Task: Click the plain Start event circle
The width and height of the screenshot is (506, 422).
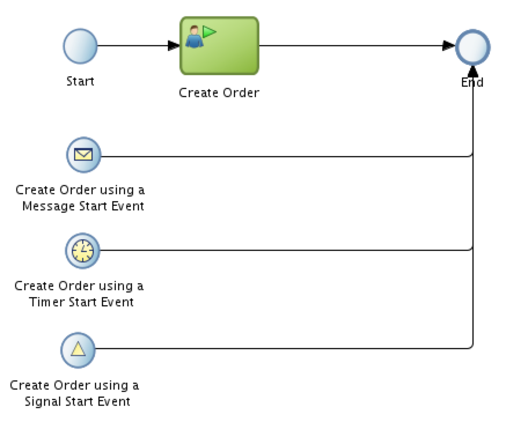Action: coord(80,46)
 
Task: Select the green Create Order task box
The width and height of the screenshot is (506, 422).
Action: coord(219,46)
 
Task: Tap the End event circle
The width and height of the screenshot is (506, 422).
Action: coord(473,46)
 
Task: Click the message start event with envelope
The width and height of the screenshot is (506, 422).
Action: coord(84,156)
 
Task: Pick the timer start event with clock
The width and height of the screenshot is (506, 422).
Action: coord(82,250)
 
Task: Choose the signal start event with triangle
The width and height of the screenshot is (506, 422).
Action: coord(78,349)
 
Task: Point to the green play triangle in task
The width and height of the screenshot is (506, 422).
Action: coord(208,32)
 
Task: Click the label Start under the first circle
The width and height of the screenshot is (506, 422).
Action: coord(80,81)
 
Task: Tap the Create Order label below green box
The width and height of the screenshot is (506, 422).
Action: coord(219,92)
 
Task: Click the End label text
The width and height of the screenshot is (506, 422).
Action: coord(472,83)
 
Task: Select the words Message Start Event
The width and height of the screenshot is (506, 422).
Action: coord(83,206)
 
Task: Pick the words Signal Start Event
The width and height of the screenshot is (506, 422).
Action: coord(78,401)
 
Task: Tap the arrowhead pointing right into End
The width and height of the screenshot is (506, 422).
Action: coord(449,46)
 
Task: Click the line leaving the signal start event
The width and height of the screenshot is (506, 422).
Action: coord(278,349)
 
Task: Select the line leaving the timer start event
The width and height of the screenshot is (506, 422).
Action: coord(278,250)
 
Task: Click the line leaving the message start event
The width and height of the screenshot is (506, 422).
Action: coord(278,156)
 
